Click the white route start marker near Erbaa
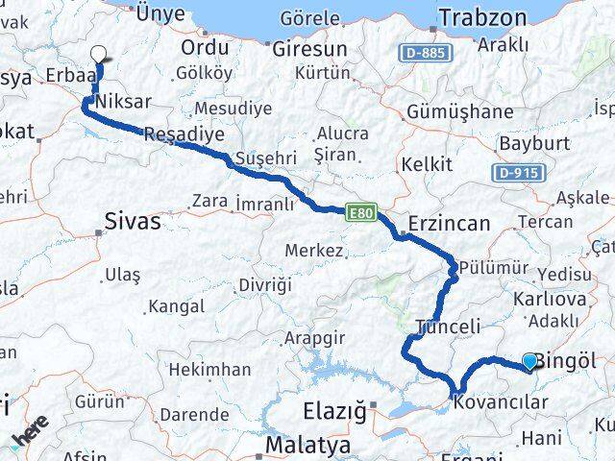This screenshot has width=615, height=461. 99,56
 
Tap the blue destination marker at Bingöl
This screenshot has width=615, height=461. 530,361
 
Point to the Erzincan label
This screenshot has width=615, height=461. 449,223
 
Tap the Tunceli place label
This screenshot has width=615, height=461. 448,327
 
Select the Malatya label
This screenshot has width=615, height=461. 304,445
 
